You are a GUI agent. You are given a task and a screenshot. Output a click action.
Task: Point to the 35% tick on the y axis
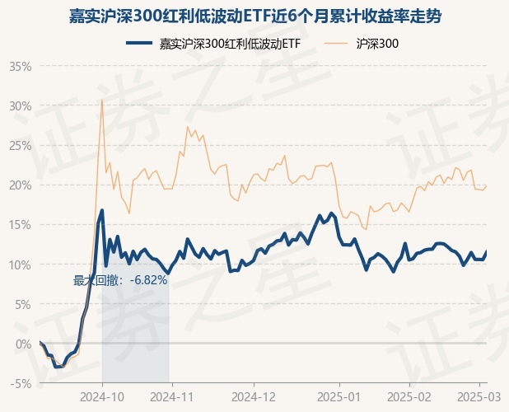point(20,66)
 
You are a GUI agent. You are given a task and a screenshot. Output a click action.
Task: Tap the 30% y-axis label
point(20,105)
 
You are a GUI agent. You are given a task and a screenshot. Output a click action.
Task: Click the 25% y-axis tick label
point(20,145)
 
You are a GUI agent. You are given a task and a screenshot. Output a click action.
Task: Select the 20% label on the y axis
point(20,185)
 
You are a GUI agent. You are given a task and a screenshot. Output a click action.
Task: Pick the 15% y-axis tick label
point(20,224)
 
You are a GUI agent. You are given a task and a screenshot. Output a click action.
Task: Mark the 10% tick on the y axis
point(20,265)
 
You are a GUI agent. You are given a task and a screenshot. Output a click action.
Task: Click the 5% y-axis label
point(23,304)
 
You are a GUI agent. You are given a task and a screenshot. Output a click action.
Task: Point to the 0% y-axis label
point(23,344)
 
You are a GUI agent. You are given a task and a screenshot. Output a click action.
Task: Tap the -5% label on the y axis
point(21,383)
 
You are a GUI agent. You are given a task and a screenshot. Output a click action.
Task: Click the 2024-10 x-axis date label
point(102,396)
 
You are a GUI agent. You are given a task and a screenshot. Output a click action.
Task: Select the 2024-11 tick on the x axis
point(170,396)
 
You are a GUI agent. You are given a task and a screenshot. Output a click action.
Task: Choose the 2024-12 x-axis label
point(254,396)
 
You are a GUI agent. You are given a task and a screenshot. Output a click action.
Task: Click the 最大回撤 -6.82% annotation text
point(120,280)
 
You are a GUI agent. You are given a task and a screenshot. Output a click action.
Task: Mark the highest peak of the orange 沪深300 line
point(102,101)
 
